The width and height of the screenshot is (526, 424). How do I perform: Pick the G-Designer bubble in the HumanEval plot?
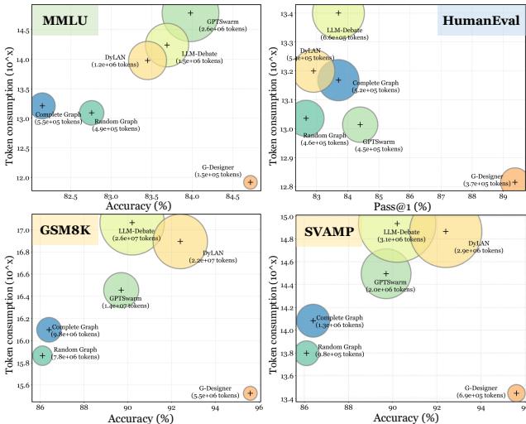[514, 181]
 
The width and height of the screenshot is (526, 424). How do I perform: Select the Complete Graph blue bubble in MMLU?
[42, 105]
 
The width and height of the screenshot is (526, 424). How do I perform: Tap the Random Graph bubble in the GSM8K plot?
[42, 355]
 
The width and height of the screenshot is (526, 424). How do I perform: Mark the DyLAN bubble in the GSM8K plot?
[180, 241]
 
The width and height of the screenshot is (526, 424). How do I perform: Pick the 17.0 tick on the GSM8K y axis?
[22, 229]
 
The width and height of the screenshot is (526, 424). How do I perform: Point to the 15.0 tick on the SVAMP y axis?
[286, 217]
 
